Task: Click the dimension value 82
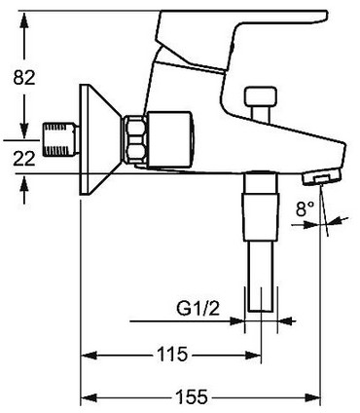(24, 78)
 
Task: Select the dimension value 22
(24, 159)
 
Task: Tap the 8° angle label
(306, 208)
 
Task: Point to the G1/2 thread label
(198, 309)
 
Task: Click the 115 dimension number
(172, 355)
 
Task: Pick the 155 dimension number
(192, 396)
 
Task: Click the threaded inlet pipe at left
(61, 139)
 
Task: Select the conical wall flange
(100, 140)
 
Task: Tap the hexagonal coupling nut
(134, 139)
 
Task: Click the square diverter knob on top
(261, 96)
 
